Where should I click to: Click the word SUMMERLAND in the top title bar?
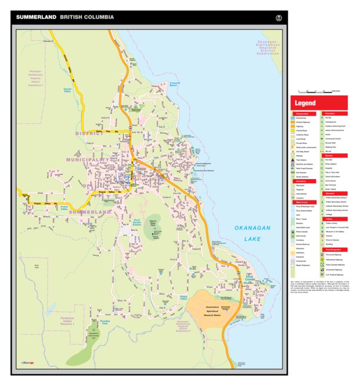coord(36,18)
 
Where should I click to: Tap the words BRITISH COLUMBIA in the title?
coord(87,18)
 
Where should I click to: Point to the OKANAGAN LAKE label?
coord(251,233)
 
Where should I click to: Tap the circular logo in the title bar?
coord(278,18)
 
